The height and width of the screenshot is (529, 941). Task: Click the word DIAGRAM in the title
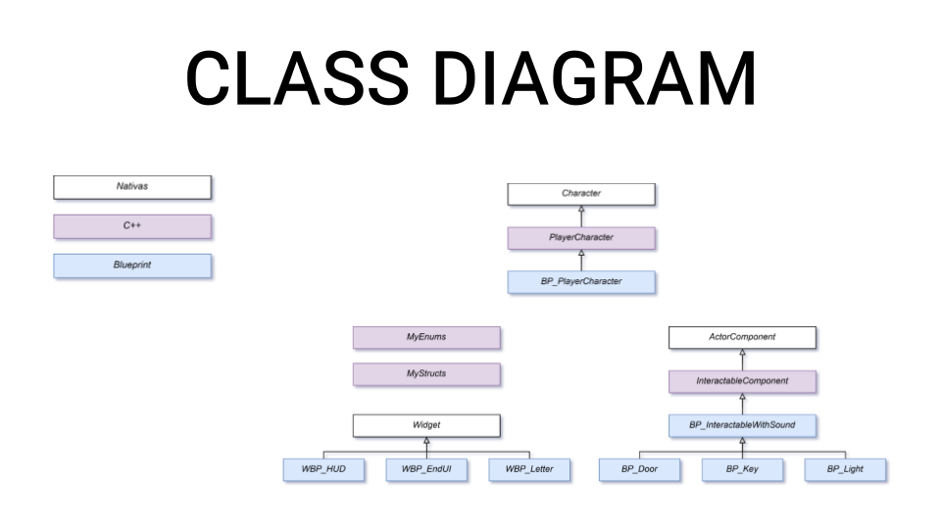[x=594, y=78]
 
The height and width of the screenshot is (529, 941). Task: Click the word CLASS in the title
[x=298, y=78]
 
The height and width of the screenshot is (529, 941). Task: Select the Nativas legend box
[x=132, y=187]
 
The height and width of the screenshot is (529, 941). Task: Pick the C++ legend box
[x=132, y=226]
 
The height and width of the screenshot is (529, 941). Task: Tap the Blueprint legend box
[x=132, y=265]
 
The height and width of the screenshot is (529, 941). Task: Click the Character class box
[x=581, y=194]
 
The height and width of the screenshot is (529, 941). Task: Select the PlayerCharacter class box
[x=581, y=238]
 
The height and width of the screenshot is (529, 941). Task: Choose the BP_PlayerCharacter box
[x=581, y=282]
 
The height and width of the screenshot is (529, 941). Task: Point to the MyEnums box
[x=426, y=338]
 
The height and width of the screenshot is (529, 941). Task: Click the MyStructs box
[x=426, y=374]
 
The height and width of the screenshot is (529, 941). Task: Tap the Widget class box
[x=426, y=426]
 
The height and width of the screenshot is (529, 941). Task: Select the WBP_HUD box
[x=323, y=469]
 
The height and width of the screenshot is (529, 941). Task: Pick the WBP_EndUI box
[x=426, y=469]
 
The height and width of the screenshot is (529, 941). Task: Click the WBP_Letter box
[x=529, y=469]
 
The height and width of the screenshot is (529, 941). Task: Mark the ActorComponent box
[x=742, y=338]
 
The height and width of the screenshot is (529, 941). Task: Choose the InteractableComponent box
[x=742, y=381]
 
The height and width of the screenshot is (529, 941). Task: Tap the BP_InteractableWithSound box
[x=742, y=426]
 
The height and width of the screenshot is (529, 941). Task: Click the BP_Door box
[x=639, y=469]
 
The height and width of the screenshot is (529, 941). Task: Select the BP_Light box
[x=845, y=469]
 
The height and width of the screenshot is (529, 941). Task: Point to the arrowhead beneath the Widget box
[x=426, y=441]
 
